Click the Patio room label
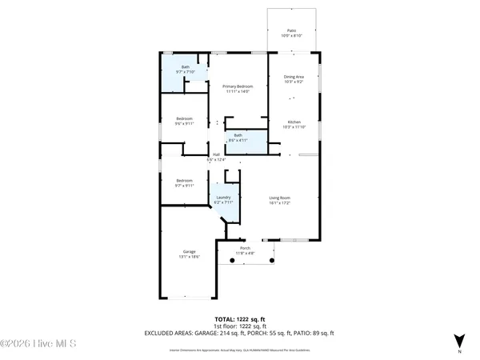click(x=291, y=31)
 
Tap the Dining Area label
click(x=294, y=77)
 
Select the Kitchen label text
click(x=294, y=122)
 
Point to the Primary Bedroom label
click(x=236, y=86)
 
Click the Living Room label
click(x=278, y=198)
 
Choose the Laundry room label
click(x=223, y=198)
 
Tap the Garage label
click(x=189, y=251)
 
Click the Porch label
click(x=246, y=248)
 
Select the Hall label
click(x=216, y=154)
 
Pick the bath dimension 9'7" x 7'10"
click(x=185, y=72)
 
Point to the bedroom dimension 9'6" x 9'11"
click(x=185, y=124)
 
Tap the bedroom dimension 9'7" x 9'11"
click(x=185, y=186)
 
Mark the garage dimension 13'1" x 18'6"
click(x=189, y=257)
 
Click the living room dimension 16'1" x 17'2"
click(x=278, y=203)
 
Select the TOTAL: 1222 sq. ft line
click(x=238, y=320)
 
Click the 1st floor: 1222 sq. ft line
click(x=238, y=326)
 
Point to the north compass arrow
click(x=458, y=339)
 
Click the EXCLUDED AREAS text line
click(x=238, y=333)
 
